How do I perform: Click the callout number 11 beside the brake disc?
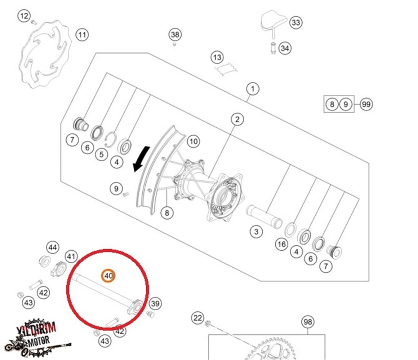[x=82, y=35]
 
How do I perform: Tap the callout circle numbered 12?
[x=24, y=16]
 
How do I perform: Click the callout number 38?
[x=175, y=35]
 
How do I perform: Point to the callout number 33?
[x=295, y=22]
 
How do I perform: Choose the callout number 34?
[x=285, y=48]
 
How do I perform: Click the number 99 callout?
[x=366, y=105]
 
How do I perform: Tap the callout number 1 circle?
[x=253, y=89]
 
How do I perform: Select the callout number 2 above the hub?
[x=237, y=119]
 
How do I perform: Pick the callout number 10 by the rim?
[x=194, y=141]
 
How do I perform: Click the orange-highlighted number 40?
[x=108, y=276]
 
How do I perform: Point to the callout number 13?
[x=217, y=57]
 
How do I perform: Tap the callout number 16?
[x=282, y=245]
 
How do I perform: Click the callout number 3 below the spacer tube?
[x=256, y=231]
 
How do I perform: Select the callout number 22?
[x=197, y=318]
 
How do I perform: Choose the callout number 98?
[x=307, y=322]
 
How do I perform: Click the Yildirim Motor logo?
[x=36, y=337]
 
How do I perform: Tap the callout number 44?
[x=53, y=248]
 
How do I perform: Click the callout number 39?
[x=155, y=303]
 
